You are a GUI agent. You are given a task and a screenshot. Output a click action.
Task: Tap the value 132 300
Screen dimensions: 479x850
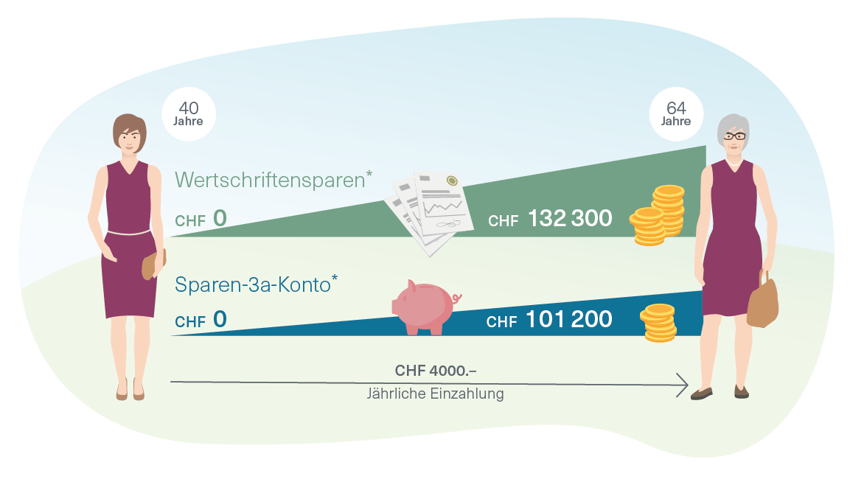pyautogui.click(x=570, y=218)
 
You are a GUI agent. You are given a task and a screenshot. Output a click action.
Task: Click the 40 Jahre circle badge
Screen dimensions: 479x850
pyautogui.click(x=189, y=114)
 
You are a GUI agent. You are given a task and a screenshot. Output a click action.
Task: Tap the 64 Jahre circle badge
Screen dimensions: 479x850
pyautogui.click(x=675, y=114)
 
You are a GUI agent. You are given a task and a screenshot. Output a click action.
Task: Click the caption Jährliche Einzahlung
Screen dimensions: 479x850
pyautogui.click(x=436, y=394)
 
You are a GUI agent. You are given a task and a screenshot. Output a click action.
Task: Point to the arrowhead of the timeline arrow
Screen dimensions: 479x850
pyautogui.click(x=683, y=384)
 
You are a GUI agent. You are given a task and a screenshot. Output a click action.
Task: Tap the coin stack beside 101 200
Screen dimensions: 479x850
pyautogui.click(x=658, y=323)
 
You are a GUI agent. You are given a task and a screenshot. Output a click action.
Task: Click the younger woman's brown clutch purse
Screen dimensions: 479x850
pyautogui.click(x=153, y=264)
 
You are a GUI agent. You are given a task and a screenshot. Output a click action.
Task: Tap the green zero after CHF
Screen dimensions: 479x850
pyautogui.click(x=220, y=219)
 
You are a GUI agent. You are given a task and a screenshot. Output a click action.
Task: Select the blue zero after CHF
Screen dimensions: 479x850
pyautogui.click(x=220, y=320)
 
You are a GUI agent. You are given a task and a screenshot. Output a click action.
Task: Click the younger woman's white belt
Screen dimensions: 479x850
pyautogui.click(x=130, y=233)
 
